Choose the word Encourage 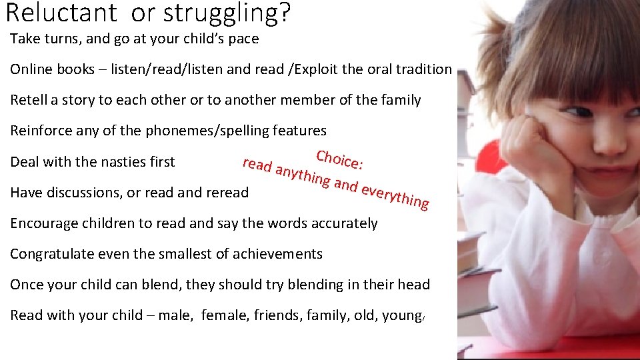[43, 223]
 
